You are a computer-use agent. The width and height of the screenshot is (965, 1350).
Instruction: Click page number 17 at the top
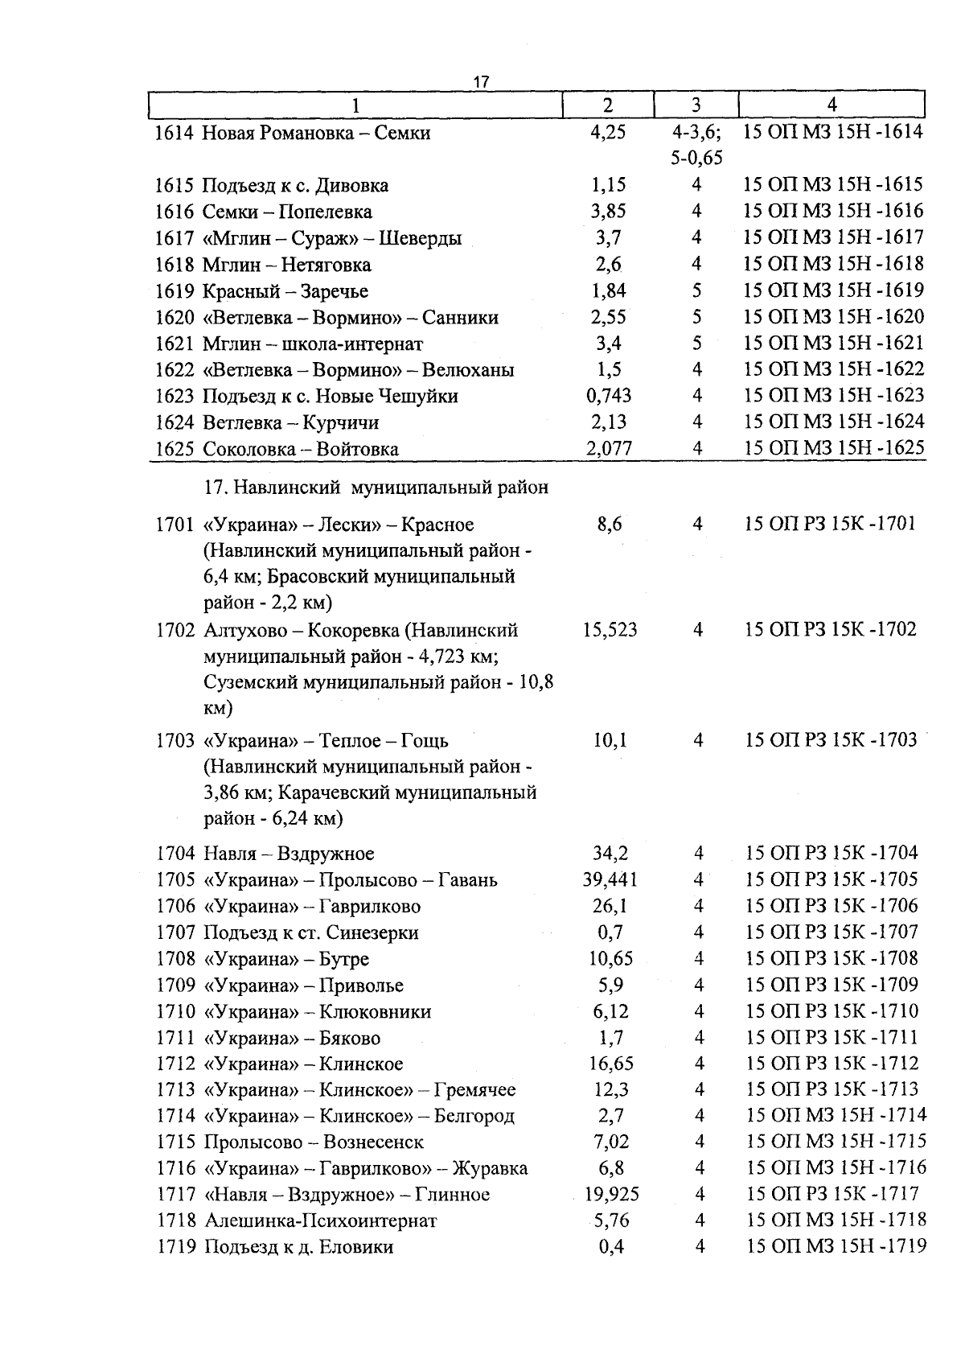pyautogui.click(x=481, y=82)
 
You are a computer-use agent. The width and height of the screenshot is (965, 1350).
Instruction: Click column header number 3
pyautogui.click(x=696, y=105)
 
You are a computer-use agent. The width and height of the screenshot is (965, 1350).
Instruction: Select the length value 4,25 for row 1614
pyautogui.click(x=608, y=133)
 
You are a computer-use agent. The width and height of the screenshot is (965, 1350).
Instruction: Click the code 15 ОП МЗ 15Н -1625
pyautogui.click(x=834, y=448)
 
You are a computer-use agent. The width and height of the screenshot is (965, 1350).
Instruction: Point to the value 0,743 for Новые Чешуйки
pyautogui.click(x=609, y=396)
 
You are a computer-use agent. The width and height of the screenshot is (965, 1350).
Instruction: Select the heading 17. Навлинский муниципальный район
pyautogui.click(x=376, y=487)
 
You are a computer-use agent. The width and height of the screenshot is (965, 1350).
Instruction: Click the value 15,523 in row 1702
pyautogui.click(x=610, y=630)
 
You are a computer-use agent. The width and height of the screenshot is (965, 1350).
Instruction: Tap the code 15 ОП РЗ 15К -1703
pyautogui.click(x=831, y=740)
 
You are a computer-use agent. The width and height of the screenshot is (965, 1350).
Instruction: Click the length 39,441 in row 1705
pyautogui.click(x=610, y=880)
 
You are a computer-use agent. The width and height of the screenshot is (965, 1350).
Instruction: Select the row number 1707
pyautogui.click(x=175, y=933)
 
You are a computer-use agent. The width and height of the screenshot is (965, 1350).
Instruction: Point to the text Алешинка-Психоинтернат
pyautogui.click(x=321, y=1221)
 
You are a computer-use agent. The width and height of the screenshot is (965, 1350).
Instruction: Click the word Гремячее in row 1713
pyautogui.click(x=474, y=1090)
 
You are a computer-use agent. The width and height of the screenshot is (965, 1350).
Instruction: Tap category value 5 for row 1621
pyautogui.click(x=696, y=344)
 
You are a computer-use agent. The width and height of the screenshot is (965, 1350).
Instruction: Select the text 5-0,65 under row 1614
pyautogui.click(x=696, y=158)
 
